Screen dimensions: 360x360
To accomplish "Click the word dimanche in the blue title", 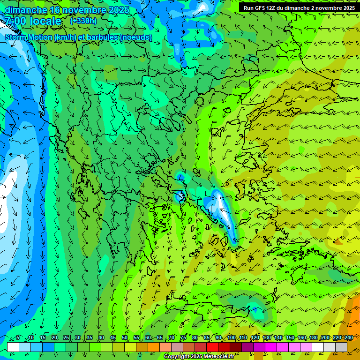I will point(26,10).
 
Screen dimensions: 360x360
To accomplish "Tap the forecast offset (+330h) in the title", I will point(83,21).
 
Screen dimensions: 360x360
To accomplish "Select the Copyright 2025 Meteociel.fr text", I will point(199,357).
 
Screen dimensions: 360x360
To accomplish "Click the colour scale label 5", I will point(18,338).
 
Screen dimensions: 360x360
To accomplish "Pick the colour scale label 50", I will point(125,338).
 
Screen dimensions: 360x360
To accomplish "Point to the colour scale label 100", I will point(232,338).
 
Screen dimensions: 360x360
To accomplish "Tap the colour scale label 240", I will point(349,338).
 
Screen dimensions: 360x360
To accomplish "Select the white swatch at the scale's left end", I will point(13,347).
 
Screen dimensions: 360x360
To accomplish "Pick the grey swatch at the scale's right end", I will point(341,347).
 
